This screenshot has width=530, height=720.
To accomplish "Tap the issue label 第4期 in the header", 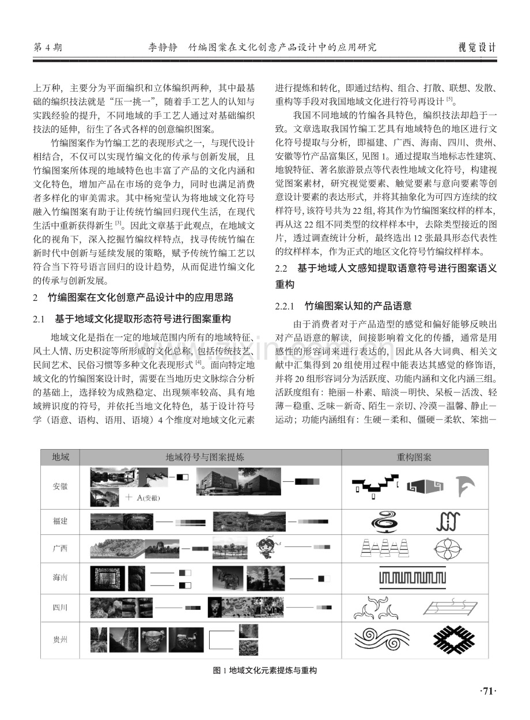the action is click(x=48, y=48).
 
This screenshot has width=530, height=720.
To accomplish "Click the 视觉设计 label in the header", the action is click(x=477, y=48).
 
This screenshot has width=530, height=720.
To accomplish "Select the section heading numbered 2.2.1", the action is click(x=343, y=306).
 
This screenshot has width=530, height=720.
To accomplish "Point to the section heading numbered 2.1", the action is click(x=132, y=319).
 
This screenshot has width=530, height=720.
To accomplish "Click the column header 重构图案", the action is click(x=414, y=457).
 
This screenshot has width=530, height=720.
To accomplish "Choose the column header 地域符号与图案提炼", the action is click(x=205, y=457).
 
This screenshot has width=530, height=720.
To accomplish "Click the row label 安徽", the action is click(x=60, y=487).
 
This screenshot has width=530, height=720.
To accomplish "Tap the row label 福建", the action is click(x=60, y=521).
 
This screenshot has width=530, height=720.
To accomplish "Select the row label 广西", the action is click(x=60, y=548).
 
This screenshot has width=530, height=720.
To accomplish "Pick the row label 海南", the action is click(x=60, y=578).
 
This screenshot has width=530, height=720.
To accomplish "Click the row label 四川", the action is click(x=60, y=608).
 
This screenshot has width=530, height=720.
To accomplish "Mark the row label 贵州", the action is click(x=60, y=640).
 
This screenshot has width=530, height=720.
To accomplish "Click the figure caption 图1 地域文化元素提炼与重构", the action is click(x=264, y=670).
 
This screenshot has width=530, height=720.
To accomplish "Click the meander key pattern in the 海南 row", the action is click(x=412, y=578).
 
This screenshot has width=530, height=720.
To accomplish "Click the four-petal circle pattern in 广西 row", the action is click(x=448, y=549).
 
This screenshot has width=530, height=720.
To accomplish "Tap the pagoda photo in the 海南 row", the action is click(x=266, y=578).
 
